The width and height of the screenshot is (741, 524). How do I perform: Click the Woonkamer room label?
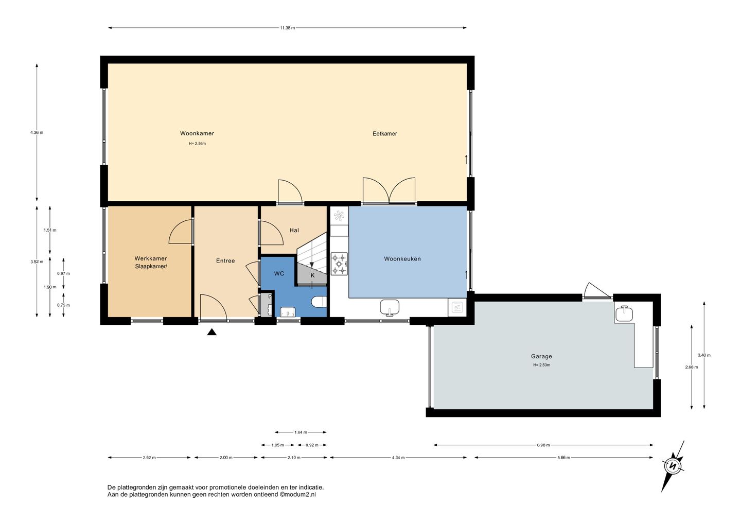pos(197,133)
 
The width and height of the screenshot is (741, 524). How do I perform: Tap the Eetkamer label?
pos(385,134)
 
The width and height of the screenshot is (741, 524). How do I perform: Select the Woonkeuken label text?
pos(402,259)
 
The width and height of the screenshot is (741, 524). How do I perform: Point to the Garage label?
pos(541,356)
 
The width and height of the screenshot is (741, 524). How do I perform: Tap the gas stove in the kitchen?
pos(339,264)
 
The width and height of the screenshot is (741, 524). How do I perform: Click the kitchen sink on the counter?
pos(390,308)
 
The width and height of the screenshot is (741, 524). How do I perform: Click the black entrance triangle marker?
pos(211,332)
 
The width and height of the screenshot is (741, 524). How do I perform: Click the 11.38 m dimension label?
pos(287,28)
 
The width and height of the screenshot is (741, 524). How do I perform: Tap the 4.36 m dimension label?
pos(37,132)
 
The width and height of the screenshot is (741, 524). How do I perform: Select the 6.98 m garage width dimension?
pos(543,445)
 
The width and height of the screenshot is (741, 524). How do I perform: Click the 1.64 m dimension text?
pos(301,432)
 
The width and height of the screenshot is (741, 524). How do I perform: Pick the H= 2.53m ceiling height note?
pos(541,365)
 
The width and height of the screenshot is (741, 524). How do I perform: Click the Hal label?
pos(294,230)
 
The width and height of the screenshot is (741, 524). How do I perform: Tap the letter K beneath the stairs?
pos(313,275)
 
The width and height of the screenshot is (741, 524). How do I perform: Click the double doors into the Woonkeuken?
pos(389,191)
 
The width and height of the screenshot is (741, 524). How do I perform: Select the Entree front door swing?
pos(214,308)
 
